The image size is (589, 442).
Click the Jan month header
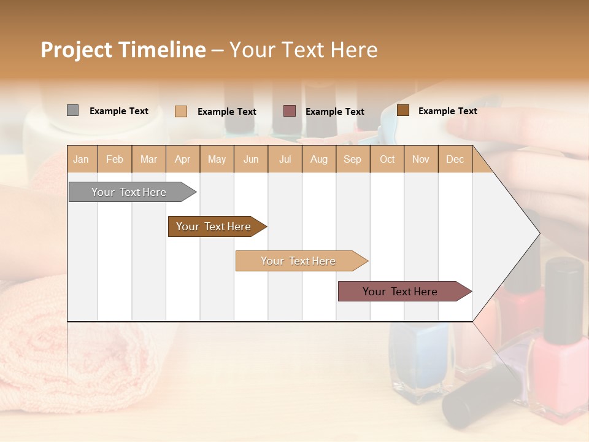(x=82, y=159)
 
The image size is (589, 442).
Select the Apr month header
(x=183, y=159)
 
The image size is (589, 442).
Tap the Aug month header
(x=319, y=159)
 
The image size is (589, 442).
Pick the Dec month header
(x=455, y=159)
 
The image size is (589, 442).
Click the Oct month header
(x=387, y=159)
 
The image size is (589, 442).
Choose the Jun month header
(x=251, y=159)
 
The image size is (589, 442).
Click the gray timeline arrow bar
(x=129, y=192)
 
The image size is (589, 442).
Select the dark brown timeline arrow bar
(x=214, y=227)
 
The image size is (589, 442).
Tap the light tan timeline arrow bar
(x=298, y=261)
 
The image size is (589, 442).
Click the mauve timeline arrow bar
(x=400, y=292)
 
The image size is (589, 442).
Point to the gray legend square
(x=72, y=110)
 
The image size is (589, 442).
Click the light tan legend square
(x=181, y=111)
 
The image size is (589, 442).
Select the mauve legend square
(x=290, y=110)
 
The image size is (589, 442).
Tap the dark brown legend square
(x=403, y=110)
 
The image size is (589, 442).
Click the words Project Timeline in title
(x=123, y=50)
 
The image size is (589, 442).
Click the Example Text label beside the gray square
(x=119, y=111)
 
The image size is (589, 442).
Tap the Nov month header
(x=421, y=159)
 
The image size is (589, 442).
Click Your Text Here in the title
(x=303, y=50)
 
